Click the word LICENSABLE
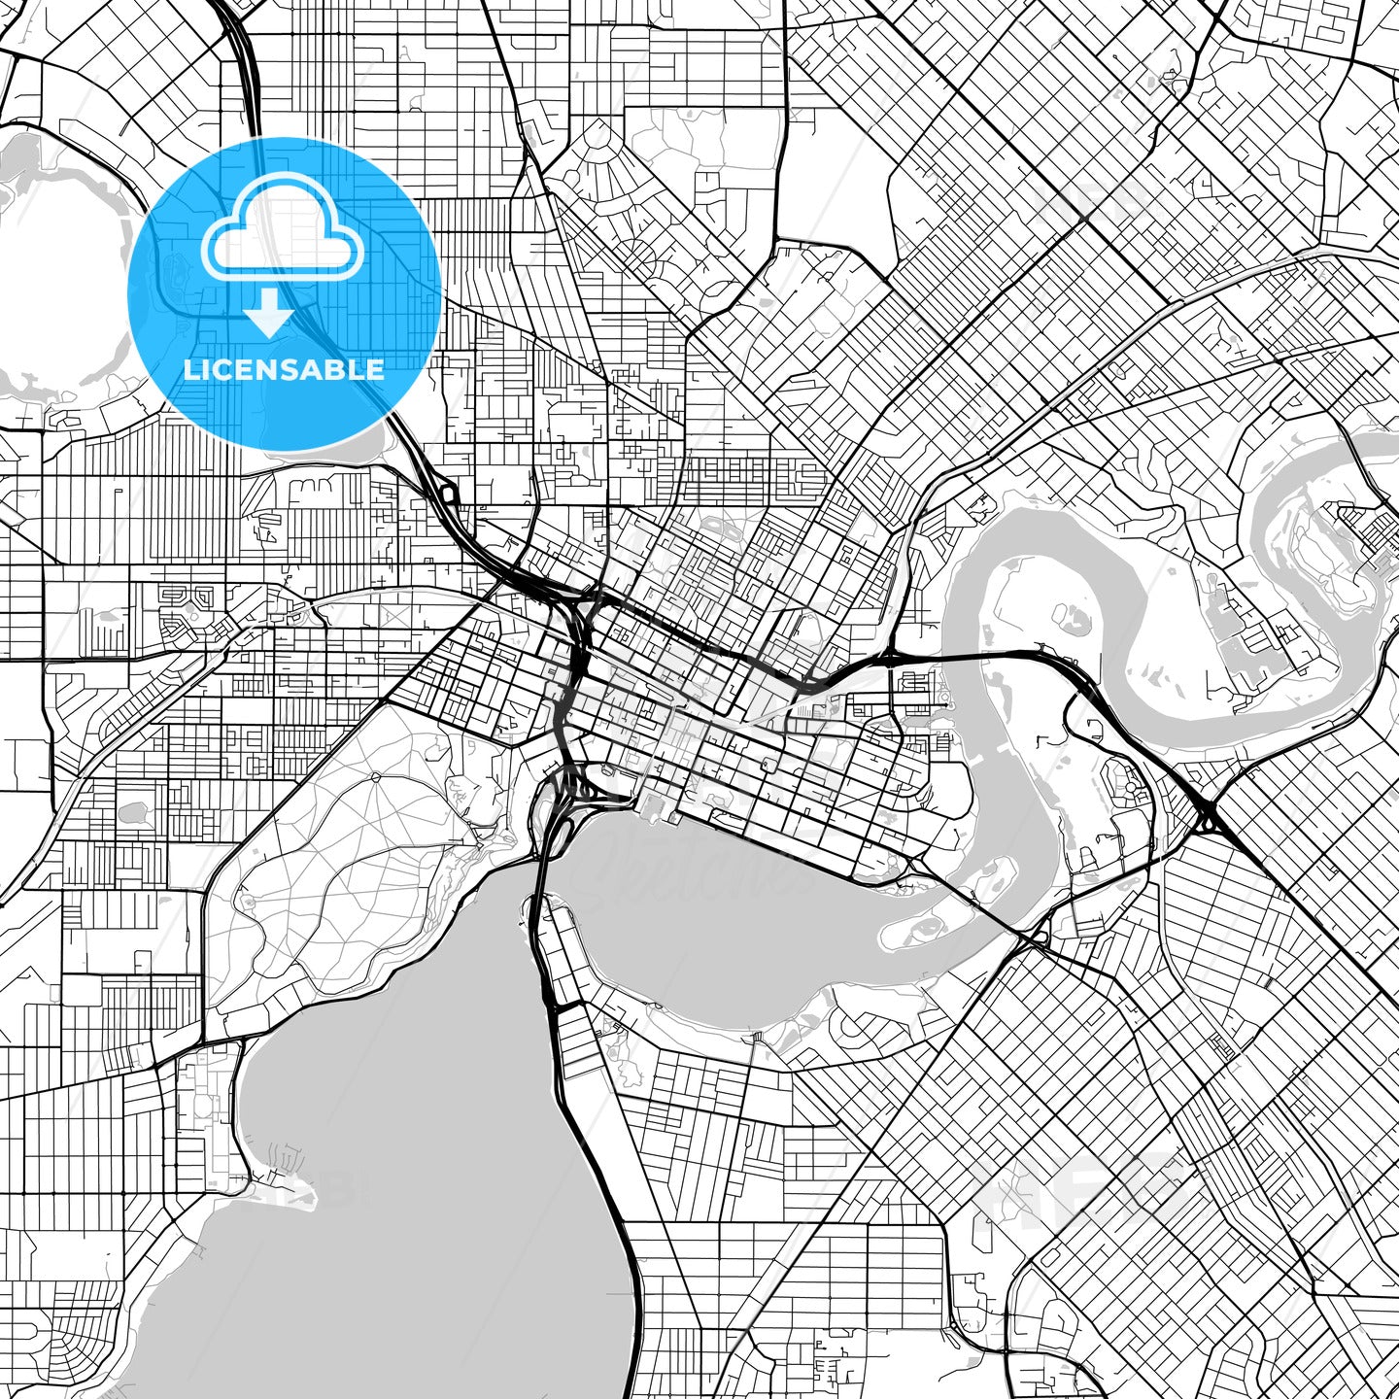[x=284, y=370]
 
